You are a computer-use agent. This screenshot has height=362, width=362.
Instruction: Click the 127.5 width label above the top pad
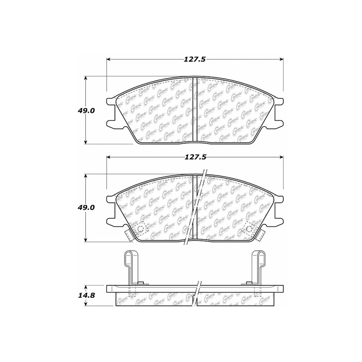(195, 59)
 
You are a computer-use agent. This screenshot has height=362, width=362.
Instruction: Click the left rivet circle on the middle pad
(141, 229)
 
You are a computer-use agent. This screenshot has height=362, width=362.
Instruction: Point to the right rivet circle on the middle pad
(249, 229)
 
